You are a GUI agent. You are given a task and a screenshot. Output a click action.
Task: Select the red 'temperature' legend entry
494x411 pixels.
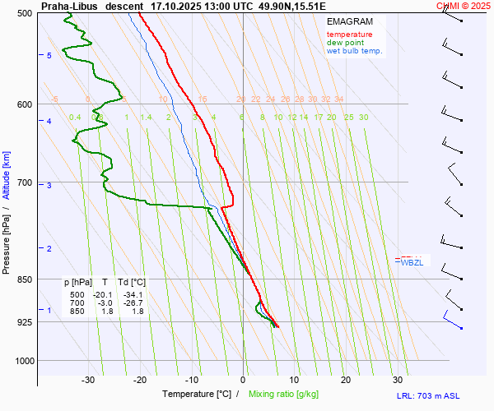(349, 35)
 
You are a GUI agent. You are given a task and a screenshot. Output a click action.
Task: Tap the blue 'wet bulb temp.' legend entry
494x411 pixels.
(354, 51)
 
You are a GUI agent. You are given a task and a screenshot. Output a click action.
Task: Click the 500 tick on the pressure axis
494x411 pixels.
(25, 13)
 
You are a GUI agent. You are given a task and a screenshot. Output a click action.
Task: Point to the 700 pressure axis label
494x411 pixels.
(25, 182)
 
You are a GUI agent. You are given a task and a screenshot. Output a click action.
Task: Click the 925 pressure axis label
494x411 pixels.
(25, 322)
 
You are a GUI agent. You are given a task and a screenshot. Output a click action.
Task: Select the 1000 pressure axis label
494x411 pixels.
(22, 360)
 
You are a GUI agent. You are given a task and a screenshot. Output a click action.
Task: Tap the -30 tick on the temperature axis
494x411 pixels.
(89, 380)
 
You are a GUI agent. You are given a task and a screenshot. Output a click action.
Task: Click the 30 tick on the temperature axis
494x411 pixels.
(398, 380)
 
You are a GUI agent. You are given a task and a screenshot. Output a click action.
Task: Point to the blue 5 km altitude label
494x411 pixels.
(49, 55)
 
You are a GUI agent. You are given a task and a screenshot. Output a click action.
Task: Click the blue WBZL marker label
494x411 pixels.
(412, 263)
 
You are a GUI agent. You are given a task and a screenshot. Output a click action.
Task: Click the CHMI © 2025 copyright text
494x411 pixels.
(464, 5)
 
